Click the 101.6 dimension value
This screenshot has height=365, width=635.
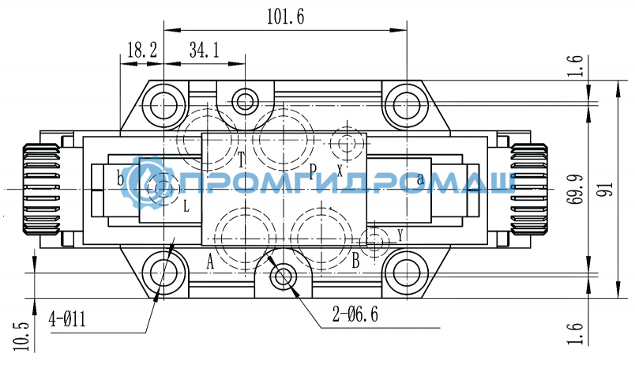tap(285, 17)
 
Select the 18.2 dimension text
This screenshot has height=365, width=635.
tap(141, 51)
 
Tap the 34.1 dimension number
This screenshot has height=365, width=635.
tap(204, 51)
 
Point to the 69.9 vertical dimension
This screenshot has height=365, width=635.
tap(575, 189)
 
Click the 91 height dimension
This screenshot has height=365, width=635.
tap(607, 189)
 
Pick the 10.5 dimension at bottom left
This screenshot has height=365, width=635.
tap(21, 337)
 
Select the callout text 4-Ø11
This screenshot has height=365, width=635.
tap(67, 319)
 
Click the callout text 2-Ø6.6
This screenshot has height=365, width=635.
tap(355, 314)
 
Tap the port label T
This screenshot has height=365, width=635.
tap(242, 160)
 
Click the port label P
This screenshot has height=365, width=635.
tap(312, 171)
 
